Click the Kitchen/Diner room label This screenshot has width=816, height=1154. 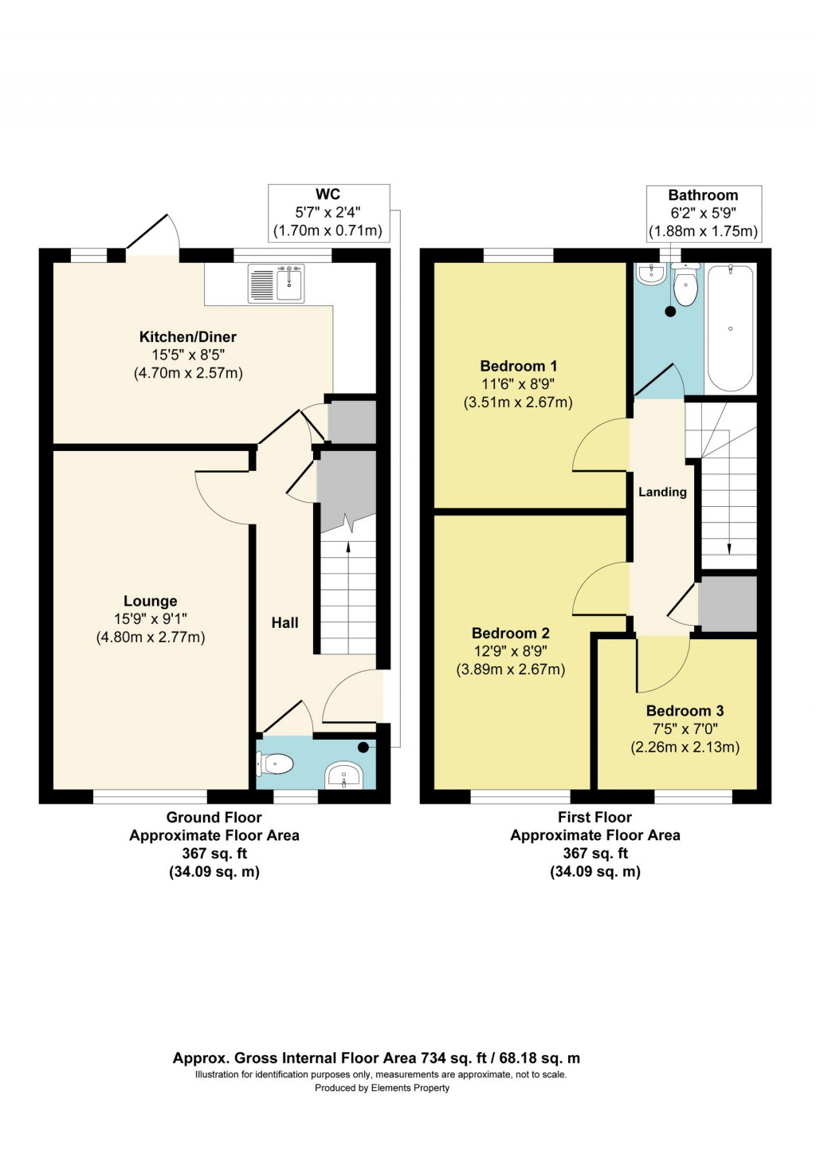(187, 337)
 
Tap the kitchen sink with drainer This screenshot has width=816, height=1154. (277, 285)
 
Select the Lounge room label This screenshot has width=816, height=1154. (150, 602)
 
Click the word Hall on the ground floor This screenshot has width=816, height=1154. (284, 623)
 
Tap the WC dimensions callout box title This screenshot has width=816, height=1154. (328, 194)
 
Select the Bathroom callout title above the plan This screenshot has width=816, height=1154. (702, 195)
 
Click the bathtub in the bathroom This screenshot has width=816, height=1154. (730, 328)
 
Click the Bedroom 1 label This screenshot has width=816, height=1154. (518, 367)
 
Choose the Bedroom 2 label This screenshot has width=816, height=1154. (510, 634)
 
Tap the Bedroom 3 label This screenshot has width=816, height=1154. (685, 711)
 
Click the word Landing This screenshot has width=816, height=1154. (662, 493)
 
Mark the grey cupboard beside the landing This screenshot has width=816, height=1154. (727, 603)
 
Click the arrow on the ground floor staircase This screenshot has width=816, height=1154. (347, 548)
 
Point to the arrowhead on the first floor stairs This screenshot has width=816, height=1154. (728, 548)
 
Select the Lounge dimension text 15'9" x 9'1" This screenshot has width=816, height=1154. (150, 619)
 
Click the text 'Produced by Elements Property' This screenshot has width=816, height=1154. (382, 1088)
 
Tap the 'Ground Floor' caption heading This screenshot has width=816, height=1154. (214, 818)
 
